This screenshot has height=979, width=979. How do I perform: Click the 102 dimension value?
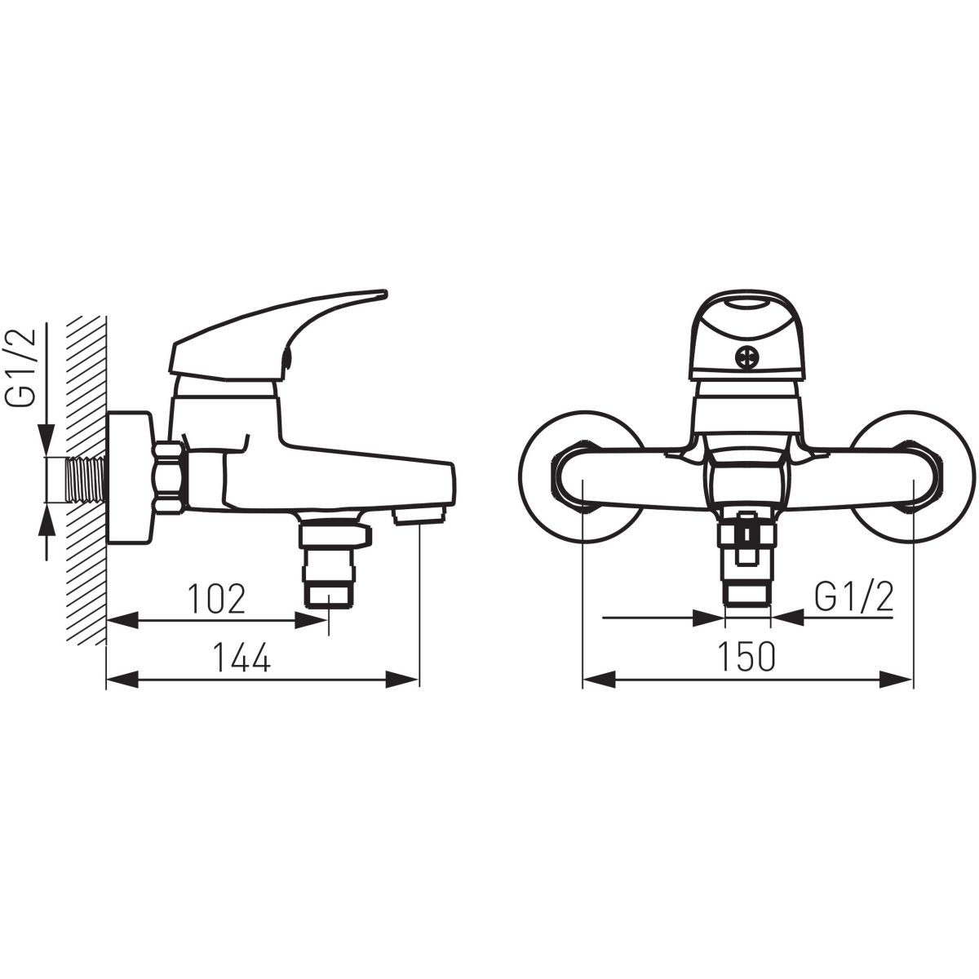point(216,599)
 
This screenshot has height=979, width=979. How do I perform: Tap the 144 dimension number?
point(241,658)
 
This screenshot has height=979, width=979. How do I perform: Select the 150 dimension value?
point(746,656)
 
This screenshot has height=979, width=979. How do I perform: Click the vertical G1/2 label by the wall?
point(21,367)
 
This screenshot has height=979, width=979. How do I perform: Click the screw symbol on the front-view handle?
point(746,357)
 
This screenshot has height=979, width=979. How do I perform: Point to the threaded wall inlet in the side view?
point(86,480)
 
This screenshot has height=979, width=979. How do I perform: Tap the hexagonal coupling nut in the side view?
point(170,478)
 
